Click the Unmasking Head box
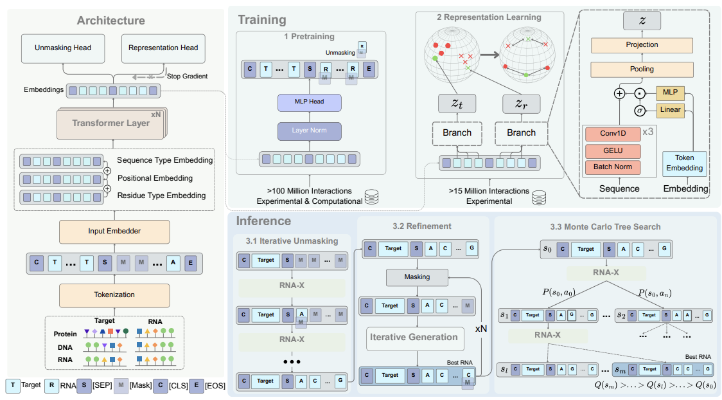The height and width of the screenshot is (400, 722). tap(62, 48)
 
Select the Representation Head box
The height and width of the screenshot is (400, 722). tap(163, 48)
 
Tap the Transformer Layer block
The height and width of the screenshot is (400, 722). tap(110, 123)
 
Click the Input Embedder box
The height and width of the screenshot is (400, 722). tap(106, 232)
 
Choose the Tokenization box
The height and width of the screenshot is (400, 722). tap(106, 295)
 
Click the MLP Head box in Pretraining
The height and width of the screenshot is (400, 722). tap(309, 102)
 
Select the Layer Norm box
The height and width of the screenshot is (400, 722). tap(309, 131)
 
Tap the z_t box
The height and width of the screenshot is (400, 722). tap(457, 103)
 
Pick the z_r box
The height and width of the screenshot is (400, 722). tap(521, 103)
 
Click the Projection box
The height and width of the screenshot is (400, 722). tap(642, 45)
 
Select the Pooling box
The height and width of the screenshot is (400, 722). tap(642, 69)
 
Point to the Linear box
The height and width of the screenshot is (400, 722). tap(670, 110)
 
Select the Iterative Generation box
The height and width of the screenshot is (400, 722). tap(414, 337)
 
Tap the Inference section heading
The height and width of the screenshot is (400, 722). tap(264, 221)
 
